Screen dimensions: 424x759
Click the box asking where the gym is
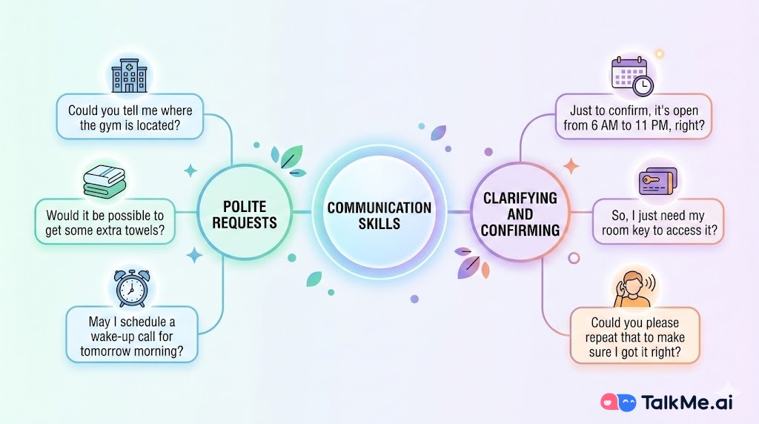130,116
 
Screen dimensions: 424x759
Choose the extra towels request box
105,222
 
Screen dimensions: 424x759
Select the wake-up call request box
133,334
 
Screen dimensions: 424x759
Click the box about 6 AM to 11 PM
633,116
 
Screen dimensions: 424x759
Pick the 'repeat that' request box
634,337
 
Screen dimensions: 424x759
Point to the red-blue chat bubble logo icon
619,401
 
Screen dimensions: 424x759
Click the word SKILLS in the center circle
379,223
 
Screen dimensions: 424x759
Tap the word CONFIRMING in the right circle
520,231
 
